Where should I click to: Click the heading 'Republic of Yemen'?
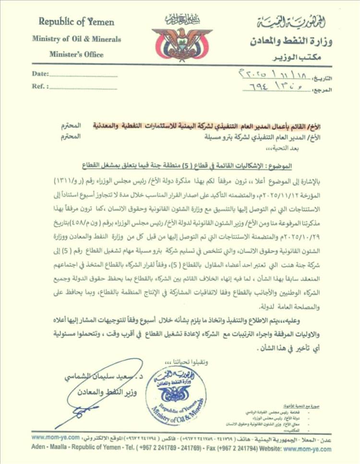coord(76,22)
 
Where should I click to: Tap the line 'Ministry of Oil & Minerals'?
coord(76,39)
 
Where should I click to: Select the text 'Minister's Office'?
coord(76,54)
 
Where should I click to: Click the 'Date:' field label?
coord(40,74)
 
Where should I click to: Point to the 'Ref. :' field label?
coord(40,87)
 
